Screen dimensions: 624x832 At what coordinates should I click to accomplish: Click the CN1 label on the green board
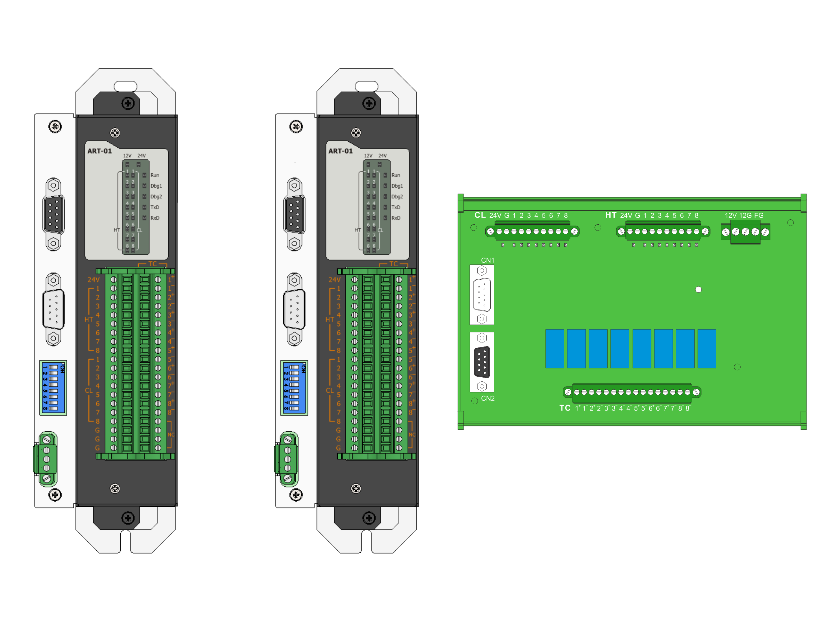click(488, 260)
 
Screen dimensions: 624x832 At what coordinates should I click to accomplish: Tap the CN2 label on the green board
click(488, 398)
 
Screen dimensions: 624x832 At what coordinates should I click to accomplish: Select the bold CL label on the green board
click(480, 215)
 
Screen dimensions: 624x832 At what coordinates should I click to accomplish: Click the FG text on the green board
click(759, 215)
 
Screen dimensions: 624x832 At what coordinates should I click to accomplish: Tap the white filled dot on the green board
click(699, 289)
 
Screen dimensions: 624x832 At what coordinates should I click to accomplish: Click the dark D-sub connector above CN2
click(482, 362)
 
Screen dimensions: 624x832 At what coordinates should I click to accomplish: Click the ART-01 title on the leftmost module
click(100, 151)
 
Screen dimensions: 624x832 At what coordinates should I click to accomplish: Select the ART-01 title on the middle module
click(340, 151)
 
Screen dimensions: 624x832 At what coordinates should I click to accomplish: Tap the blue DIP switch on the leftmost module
click(53, 388)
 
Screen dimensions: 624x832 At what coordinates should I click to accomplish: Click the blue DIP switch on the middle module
click(294, 388)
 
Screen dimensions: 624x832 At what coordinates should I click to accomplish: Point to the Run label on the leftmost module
click(155, 175)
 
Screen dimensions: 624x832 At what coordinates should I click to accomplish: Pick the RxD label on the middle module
click(396, 218)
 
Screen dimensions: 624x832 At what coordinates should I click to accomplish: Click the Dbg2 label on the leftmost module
click(156, 197)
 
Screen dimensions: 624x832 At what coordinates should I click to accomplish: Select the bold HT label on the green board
click(610, 215)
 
